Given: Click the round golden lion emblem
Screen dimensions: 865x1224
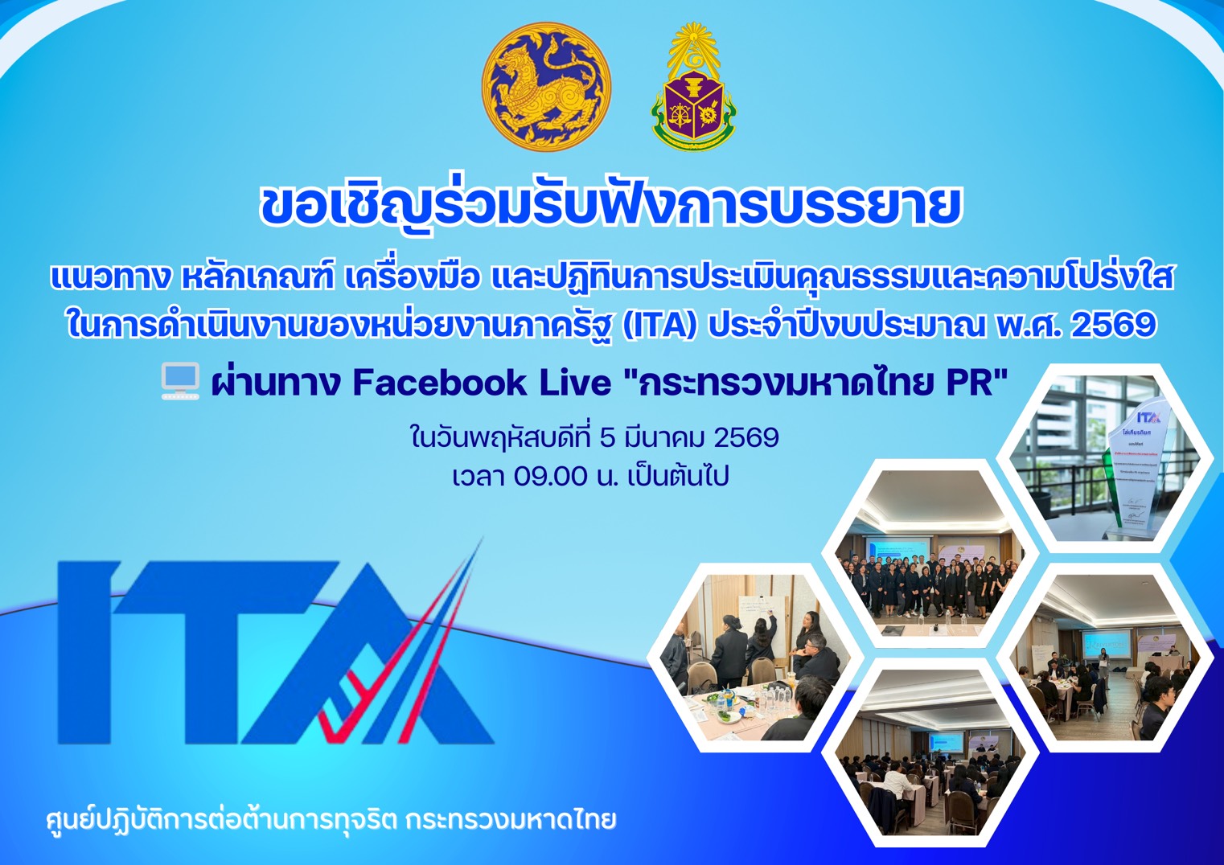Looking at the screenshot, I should point(546,87).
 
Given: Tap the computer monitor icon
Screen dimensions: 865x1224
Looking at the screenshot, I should point(180,381).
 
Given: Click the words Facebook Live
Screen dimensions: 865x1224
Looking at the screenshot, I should point(482,383).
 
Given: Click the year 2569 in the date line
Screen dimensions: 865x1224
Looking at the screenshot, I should point(746,438).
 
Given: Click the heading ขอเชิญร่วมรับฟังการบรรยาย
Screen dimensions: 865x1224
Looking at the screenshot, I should point(611,206).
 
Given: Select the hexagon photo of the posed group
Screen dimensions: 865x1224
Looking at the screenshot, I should point(929,555).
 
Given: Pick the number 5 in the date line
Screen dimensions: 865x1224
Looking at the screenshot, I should point(608,438).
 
